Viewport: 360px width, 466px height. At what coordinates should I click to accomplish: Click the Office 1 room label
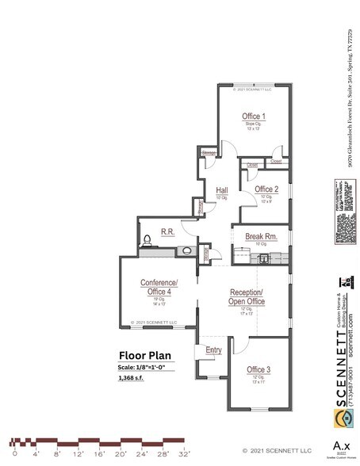click(x=254, y=116)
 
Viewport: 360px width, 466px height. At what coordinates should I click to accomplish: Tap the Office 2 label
click(x=266, y=190)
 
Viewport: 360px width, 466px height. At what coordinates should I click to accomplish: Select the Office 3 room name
click(x=258, y=370)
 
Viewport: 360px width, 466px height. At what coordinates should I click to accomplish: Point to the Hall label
click(x=222, y=190)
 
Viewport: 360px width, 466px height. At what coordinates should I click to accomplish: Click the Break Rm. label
click(x=260, y=236)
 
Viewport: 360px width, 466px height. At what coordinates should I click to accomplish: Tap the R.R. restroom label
click(x=168, y=231)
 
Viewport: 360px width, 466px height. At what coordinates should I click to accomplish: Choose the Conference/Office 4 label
click(x=159, y=287)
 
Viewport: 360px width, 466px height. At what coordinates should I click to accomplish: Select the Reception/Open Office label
click(x=246, y=296)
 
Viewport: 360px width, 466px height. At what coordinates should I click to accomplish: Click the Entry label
click(x=213, y=349)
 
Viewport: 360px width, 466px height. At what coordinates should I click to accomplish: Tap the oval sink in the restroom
click(x=186, y=250)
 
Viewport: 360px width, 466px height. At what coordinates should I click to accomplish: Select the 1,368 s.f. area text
click(x=137, y=379)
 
